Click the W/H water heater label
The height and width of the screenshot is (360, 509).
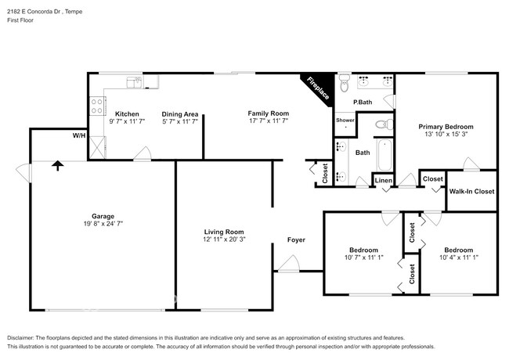click(78, 136)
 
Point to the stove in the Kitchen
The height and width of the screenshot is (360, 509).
click(97, 105)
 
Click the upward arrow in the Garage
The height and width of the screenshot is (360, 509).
click(56, 165)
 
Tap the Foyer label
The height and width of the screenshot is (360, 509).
click(296, 239)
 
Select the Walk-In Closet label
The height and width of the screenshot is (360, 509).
click(471, 191)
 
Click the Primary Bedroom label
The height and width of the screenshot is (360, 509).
click(446, 126)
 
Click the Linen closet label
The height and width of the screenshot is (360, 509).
click(383, 182)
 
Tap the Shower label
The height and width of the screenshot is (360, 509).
click(345, 121)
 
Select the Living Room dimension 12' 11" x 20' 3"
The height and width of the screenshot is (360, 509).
click(224, 240)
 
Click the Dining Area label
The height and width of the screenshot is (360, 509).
click(179, 113)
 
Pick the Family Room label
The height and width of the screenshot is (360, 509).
click(269, 113)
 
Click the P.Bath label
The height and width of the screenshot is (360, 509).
click(362, 103)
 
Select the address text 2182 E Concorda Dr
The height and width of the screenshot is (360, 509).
click(40, 12)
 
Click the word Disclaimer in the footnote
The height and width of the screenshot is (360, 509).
click(23, 337)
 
